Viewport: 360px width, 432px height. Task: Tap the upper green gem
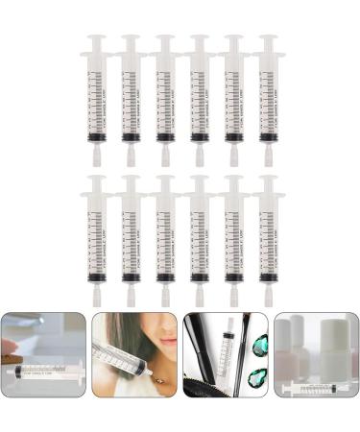tap(258, 344)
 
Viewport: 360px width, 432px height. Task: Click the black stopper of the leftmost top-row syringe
tap(97, 137)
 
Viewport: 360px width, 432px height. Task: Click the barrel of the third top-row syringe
tap(165, 96)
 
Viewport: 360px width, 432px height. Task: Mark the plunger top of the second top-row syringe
tap(131, 41)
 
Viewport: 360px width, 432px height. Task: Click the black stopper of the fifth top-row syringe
tap(233, 137)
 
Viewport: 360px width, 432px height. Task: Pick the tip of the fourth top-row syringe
tap(199, 154)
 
